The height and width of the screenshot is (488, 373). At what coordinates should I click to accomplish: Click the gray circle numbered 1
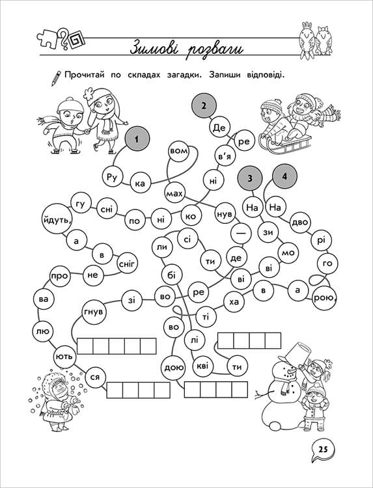137,139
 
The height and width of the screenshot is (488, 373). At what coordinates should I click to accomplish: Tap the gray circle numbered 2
204,106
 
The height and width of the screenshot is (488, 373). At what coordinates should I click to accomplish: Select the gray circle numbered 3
250,178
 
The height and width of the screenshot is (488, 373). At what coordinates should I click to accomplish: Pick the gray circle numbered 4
284,176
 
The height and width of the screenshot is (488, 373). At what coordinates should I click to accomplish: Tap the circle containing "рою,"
324,297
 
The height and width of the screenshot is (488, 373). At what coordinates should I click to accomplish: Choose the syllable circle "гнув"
93,312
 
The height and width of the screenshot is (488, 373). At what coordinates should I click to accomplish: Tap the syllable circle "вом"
178,151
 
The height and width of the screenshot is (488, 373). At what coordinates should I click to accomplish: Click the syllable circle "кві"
202,366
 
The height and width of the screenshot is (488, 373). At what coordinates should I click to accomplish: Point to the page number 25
323,450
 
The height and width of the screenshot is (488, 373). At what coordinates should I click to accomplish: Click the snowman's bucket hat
297,353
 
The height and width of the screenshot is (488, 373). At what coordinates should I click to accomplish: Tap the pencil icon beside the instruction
56,78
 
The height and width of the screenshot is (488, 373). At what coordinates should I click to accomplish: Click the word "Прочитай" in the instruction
85,75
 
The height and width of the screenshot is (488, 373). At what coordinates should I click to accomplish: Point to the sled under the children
285,144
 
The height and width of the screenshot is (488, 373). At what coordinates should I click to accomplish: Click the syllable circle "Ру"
112,177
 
